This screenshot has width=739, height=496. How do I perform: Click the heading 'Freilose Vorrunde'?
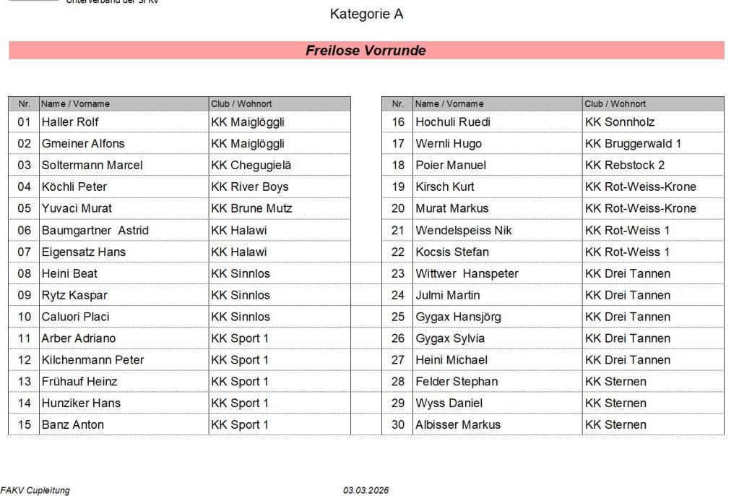point(366,51)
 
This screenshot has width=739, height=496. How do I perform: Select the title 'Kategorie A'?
point(366,14)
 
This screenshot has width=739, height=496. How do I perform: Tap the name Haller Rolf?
point(70,121)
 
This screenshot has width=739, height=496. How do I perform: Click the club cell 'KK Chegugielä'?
point(251,165)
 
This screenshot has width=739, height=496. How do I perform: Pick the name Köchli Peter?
point(74,187)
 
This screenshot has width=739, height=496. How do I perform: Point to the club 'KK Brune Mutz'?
point(251,208)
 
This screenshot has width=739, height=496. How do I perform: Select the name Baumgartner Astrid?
point(95,230)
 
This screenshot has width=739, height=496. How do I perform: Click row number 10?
point(25,317)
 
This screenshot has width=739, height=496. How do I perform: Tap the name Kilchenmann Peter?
point(92,359)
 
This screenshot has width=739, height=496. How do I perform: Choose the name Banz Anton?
point(72,424)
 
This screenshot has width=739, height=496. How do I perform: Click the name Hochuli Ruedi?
point(453,121)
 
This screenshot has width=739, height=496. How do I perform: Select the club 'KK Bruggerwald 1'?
point(633,143)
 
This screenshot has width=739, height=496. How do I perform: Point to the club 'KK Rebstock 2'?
point(625,165)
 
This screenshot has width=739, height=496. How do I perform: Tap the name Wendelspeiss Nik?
point(463,230)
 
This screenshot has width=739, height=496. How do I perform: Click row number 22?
point(398,252)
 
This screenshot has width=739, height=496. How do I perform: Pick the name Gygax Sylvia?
point(450,338)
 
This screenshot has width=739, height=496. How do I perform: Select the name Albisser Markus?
point(458,424)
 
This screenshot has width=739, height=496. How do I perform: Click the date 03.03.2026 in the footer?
point(366,490)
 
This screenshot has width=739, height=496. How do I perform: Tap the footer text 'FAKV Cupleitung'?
point(35,490)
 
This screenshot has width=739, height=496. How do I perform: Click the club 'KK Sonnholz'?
point(620,121)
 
